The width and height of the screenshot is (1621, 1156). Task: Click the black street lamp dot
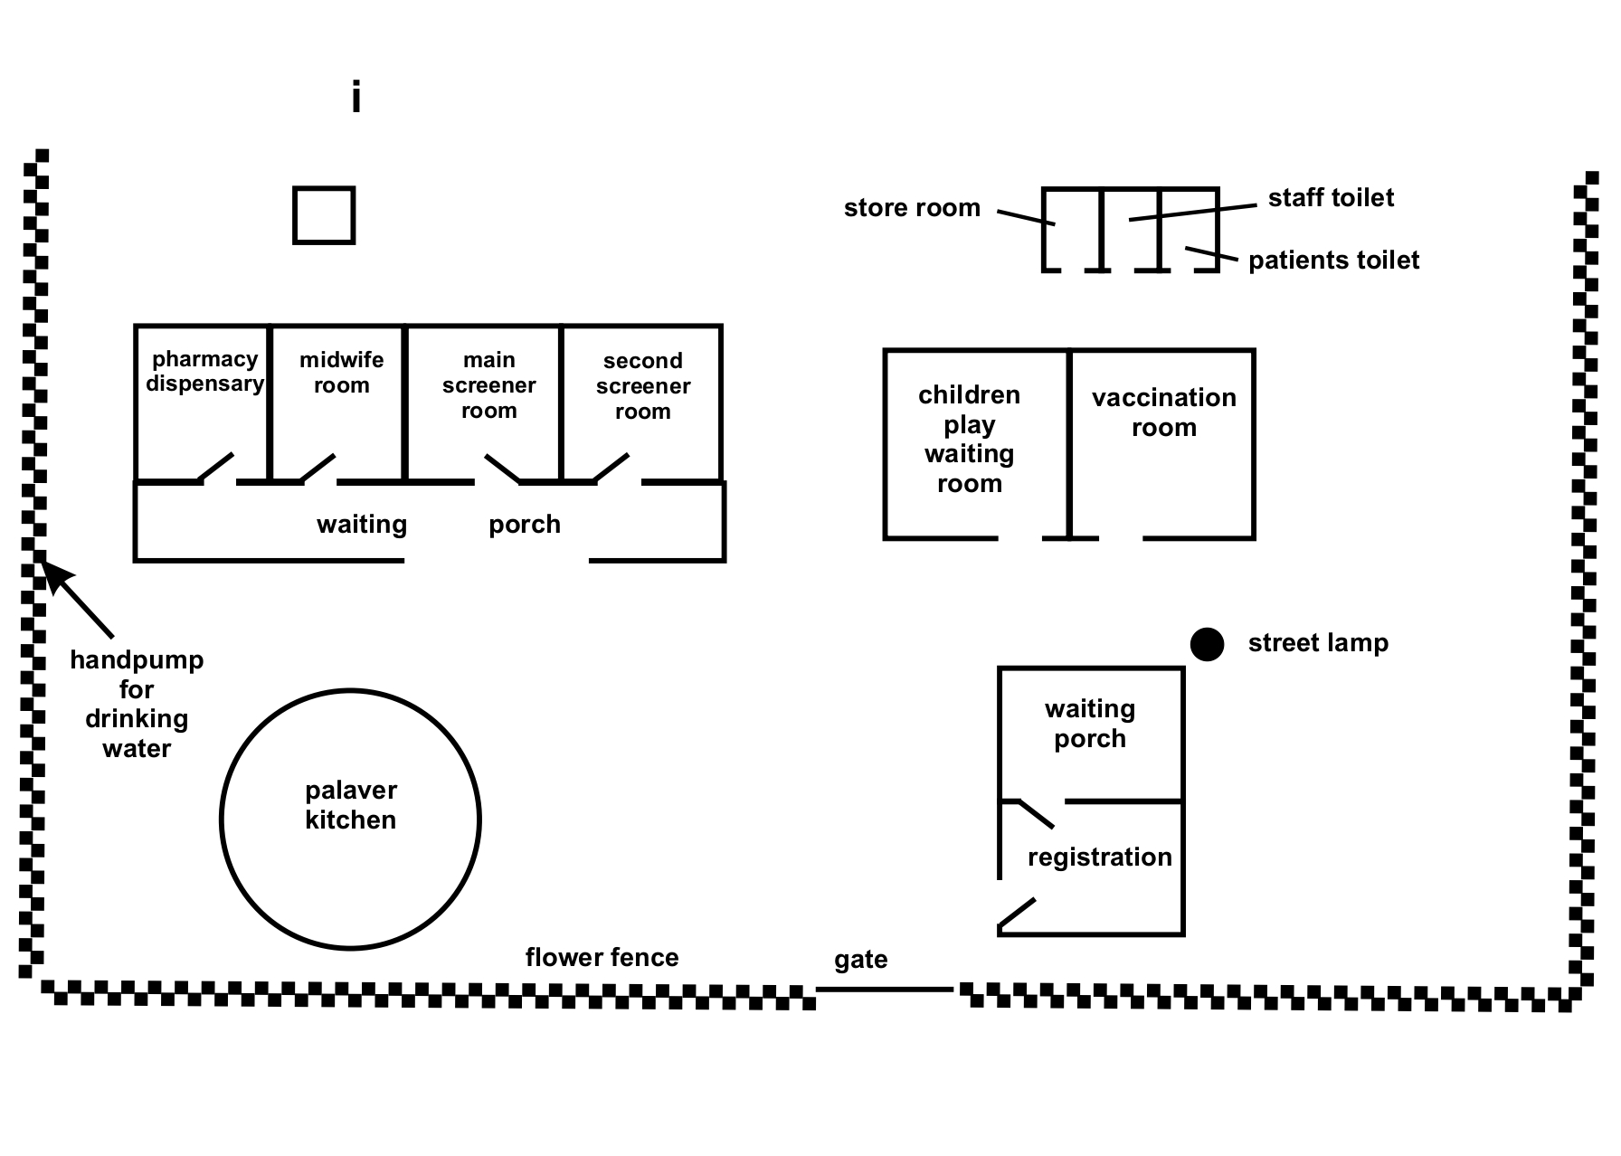1207,644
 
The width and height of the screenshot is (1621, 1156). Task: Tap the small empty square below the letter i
324,215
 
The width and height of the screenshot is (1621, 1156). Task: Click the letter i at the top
356,98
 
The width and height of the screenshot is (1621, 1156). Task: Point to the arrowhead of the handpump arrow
51,572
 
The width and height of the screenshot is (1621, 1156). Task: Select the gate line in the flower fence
885,990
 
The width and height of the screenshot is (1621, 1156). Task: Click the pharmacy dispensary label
205,372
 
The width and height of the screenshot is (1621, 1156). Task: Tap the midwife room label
342,373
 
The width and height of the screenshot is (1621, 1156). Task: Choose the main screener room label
488,385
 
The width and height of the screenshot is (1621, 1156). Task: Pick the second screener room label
643,386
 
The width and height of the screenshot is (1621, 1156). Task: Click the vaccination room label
1164,412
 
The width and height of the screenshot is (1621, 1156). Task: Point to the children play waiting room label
969,439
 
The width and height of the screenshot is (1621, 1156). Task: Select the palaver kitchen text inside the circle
351,805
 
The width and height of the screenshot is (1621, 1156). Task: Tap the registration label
1100,857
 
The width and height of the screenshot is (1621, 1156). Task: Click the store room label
912,208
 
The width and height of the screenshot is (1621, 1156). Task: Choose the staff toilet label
1331,198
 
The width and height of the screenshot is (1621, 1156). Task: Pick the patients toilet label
1333,261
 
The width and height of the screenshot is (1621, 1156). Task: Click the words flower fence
602,957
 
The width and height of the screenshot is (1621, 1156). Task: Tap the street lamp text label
1318,643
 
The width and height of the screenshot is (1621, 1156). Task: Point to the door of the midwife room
318,468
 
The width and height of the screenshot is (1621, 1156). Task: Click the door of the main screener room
502,468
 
